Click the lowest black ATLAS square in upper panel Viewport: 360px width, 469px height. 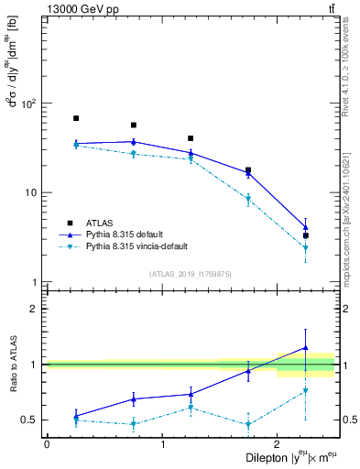pos(306,235)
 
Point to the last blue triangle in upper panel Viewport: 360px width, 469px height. pos(306,227)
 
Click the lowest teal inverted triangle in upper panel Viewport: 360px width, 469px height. pos(306,248)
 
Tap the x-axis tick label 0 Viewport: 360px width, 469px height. pos(47,443)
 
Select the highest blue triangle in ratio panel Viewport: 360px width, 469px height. pos(306,348)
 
